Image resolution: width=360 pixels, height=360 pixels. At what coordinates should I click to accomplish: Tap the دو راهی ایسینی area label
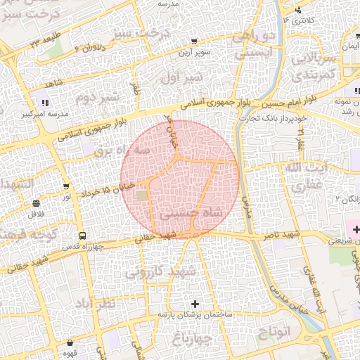click(x=262, y=42)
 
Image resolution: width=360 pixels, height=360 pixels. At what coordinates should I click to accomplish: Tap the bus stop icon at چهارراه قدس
click(x=83, y=236)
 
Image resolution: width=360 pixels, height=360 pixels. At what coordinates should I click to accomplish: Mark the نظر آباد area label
click(x=95, y=304)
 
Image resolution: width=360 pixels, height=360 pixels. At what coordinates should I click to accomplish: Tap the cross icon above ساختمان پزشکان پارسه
click(x=195, y=304)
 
